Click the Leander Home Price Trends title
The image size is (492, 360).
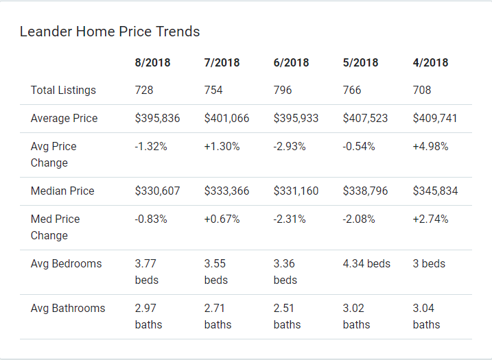110,32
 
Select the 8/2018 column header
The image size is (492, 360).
152,62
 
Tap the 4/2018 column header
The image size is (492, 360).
430,62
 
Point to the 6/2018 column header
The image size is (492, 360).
291,62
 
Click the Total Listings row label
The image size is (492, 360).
63,91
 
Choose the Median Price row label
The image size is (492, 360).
62,191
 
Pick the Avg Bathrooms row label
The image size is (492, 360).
68,308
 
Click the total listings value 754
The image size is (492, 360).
213,91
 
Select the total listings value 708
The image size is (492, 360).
422,91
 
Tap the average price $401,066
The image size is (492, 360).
226,118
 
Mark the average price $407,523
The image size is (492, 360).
365,118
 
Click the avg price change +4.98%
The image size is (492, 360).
430,146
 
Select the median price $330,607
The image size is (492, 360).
157,191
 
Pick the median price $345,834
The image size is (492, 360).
435,191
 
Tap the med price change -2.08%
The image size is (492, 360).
360,219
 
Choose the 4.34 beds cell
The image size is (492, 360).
366,263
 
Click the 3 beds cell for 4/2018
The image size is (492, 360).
429,263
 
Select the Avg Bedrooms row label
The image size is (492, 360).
66,263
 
